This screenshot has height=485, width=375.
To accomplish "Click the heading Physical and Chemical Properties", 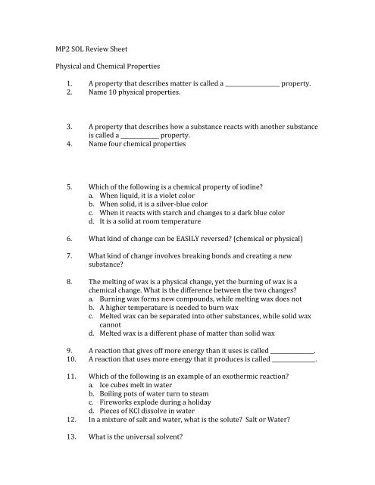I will (x=101, y=67).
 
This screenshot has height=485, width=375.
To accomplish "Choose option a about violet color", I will (x=147, y=195).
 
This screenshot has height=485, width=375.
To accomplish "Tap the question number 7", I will (x=69, y=258).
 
